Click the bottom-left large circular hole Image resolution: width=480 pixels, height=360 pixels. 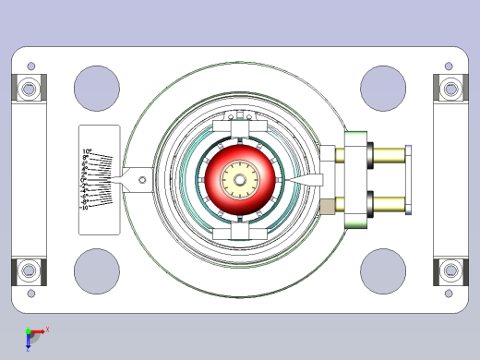pos(97,270)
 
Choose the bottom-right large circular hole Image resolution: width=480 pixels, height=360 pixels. pos(383,270)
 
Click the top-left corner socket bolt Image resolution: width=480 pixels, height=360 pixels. pos(29,90)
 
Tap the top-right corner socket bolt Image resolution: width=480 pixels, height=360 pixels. pos(451,90)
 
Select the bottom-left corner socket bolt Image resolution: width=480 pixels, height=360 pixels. pos(29,271)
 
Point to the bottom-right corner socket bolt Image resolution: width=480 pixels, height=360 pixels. pos(451,271)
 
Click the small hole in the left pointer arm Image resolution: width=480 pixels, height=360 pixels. pos(141,180)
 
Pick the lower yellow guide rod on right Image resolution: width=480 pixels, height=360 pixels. pos(388,203)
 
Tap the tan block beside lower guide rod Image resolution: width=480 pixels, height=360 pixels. pos(327,206)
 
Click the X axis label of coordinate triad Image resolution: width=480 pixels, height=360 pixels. pos(47,329)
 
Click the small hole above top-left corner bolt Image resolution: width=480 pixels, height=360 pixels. pos(31,66)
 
